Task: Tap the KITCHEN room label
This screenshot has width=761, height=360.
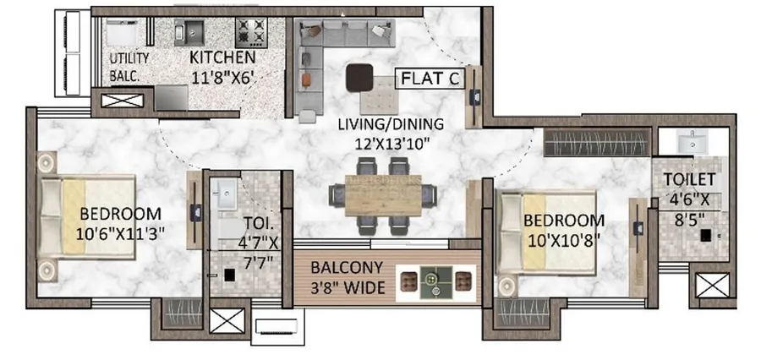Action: [222, 57]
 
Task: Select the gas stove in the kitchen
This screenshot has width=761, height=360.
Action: [251, 32]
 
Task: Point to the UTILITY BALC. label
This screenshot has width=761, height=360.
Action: [129, 67]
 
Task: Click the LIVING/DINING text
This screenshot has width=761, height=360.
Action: [391, 124]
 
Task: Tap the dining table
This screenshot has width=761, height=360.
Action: [383, 195]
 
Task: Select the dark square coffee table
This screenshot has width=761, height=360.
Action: [359, 77]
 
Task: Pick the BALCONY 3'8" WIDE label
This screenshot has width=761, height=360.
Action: [348, 278]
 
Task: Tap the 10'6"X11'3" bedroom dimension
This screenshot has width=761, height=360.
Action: [120, 234]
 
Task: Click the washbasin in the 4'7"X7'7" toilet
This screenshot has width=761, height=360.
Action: [224, 194]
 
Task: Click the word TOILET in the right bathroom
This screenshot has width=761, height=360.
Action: [689, 179]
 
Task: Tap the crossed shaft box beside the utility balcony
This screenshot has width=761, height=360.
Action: [122, 101]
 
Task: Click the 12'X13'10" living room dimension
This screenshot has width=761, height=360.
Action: [391, 144]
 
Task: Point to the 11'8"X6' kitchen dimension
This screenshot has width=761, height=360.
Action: [222, 77]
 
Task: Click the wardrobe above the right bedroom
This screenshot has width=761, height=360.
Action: [597, 143]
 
